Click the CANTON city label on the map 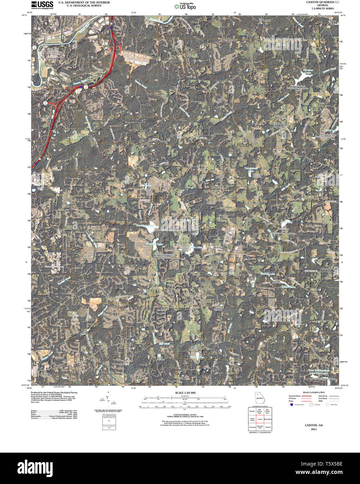[51, 59]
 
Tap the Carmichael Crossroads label [279, 125]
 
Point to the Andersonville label [42, 374]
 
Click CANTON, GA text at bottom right [314, 425]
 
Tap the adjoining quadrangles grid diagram [260, 419]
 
